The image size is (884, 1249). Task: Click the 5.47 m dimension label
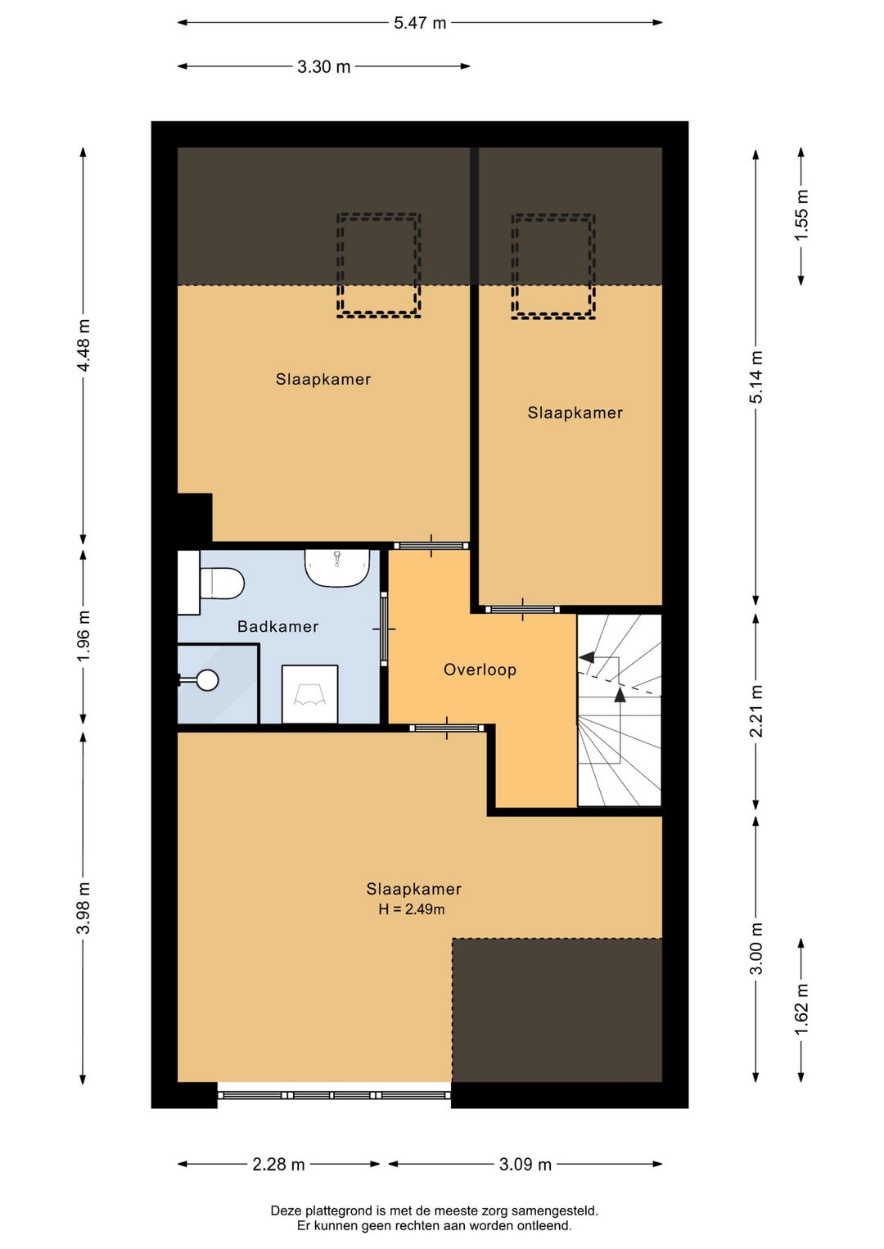(419, 23)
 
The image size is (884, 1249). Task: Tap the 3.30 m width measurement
(323, 67)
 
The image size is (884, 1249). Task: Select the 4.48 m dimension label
(83, 345)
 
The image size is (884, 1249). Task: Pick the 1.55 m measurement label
(801, 215)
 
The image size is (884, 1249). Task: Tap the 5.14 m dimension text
(755, 377)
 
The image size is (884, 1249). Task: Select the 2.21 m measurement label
(755, 711)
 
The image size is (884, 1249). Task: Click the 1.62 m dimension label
(801, 1008)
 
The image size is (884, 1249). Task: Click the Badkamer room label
(277, 627)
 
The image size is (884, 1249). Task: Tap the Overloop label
(480, 670)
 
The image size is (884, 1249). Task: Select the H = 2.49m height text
(412, 909)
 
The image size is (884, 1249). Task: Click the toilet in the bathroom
(212, 584)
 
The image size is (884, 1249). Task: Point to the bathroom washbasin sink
(337, 568)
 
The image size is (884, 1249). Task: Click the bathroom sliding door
(384, 629)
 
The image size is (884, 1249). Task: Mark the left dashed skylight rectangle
(378, 265)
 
